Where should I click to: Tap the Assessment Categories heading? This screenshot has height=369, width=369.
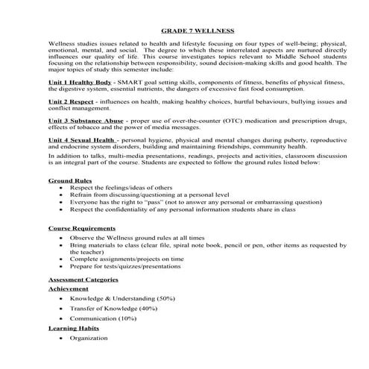pos(83,279)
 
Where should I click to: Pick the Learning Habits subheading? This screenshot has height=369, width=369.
pos(73,327)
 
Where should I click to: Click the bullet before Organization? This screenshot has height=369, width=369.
pos(60,338)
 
